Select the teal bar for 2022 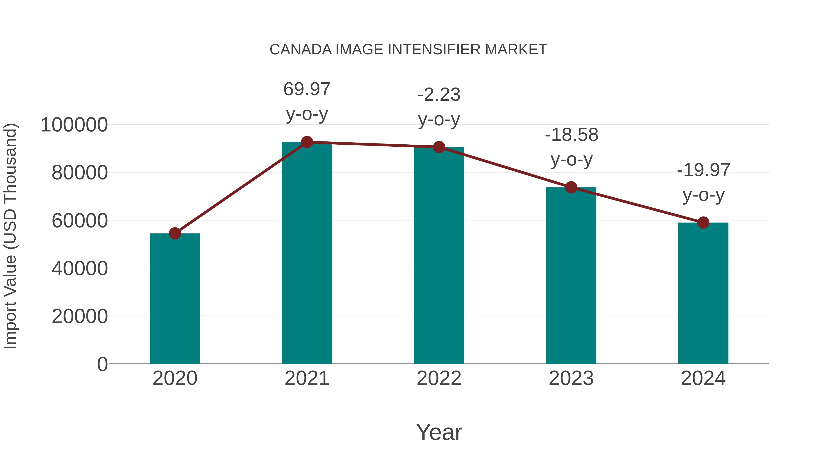click(439, 255)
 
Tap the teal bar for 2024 click(703, 293)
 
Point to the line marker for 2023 click(571, 187)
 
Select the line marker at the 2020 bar click(175, 233)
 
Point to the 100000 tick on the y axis click(74, 125)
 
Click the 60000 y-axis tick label click(80, 221)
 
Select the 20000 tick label click(80, 316)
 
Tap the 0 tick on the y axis click(102, 364)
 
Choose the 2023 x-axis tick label click(571, 378)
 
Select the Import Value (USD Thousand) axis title click(10, 236)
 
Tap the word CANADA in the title click(301, 50)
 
